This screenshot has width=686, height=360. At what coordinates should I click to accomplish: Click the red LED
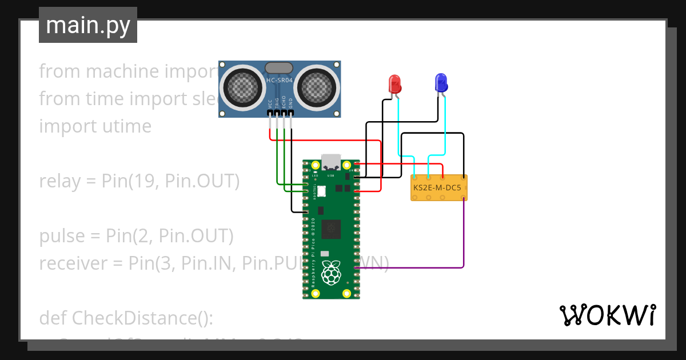tap(394, 83)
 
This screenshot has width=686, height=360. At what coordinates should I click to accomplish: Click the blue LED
tap(441, 83)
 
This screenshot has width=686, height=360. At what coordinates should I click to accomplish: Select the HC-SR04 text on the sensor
tap(280, 81)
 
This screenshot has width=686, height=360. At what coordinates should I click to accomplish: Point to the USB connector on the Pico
tap(331, 162)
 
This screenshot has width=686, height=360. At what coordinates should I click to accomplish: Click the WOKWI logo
tap(607, 315)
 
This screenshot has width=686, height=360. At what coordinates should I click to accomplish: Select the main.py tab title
tap(88, 25)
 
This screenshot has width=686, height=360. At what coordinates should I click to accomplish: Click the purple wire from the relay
tap(463, 240)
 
